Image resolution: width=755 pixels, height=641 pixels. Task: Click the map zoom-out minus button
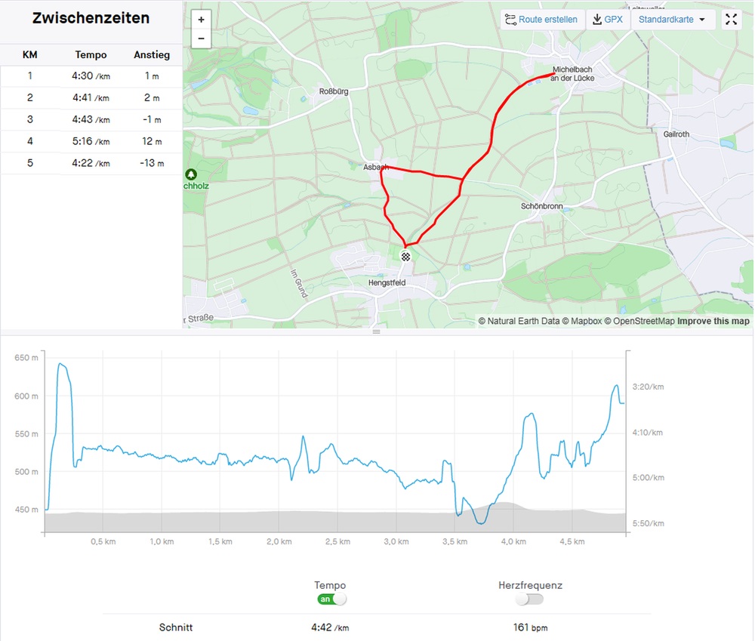tap(201, 39)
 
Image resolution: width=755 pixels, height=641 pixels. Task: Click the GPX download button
tap(608, 20)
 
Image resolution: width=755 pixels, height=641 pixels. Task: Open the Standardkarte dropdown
tap(672, 20)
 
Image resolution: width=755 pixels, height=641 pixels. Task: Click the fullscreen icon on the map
tap(731, 20)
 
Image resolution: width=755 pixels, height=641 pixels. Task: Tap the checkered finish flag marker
tap(405, 257)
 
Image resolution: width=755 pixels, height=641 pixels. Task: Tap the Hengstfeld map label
tap(387, 282)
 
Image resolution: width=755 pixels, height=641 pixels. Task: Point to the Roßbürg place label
tap(334, 92)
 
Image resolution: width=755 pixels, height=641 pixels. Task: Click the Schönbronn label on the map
tap(542, 205)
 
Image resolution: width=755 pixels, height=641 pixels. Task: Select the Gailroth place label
tap(676, 134)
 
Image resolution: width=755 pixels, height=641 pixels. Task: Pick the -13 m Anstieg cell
tap(151, 163)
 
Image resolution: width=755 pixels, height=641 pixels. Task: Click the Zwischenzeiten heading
tap(91, 19)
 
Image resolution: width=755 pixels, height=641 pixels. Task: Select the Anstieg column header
tap(151, 54)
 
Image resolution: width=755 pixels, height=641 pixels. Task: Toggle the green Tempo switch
tap(331, 599)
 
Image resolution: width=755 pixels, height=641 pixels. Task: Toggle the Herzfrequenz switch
tap(529, 599)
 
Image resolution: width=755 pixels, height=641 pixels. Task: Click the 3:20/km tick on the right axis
tap(647, 387)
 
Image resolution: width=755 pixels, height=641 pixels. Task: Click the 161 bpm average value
tap(529, 627)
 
